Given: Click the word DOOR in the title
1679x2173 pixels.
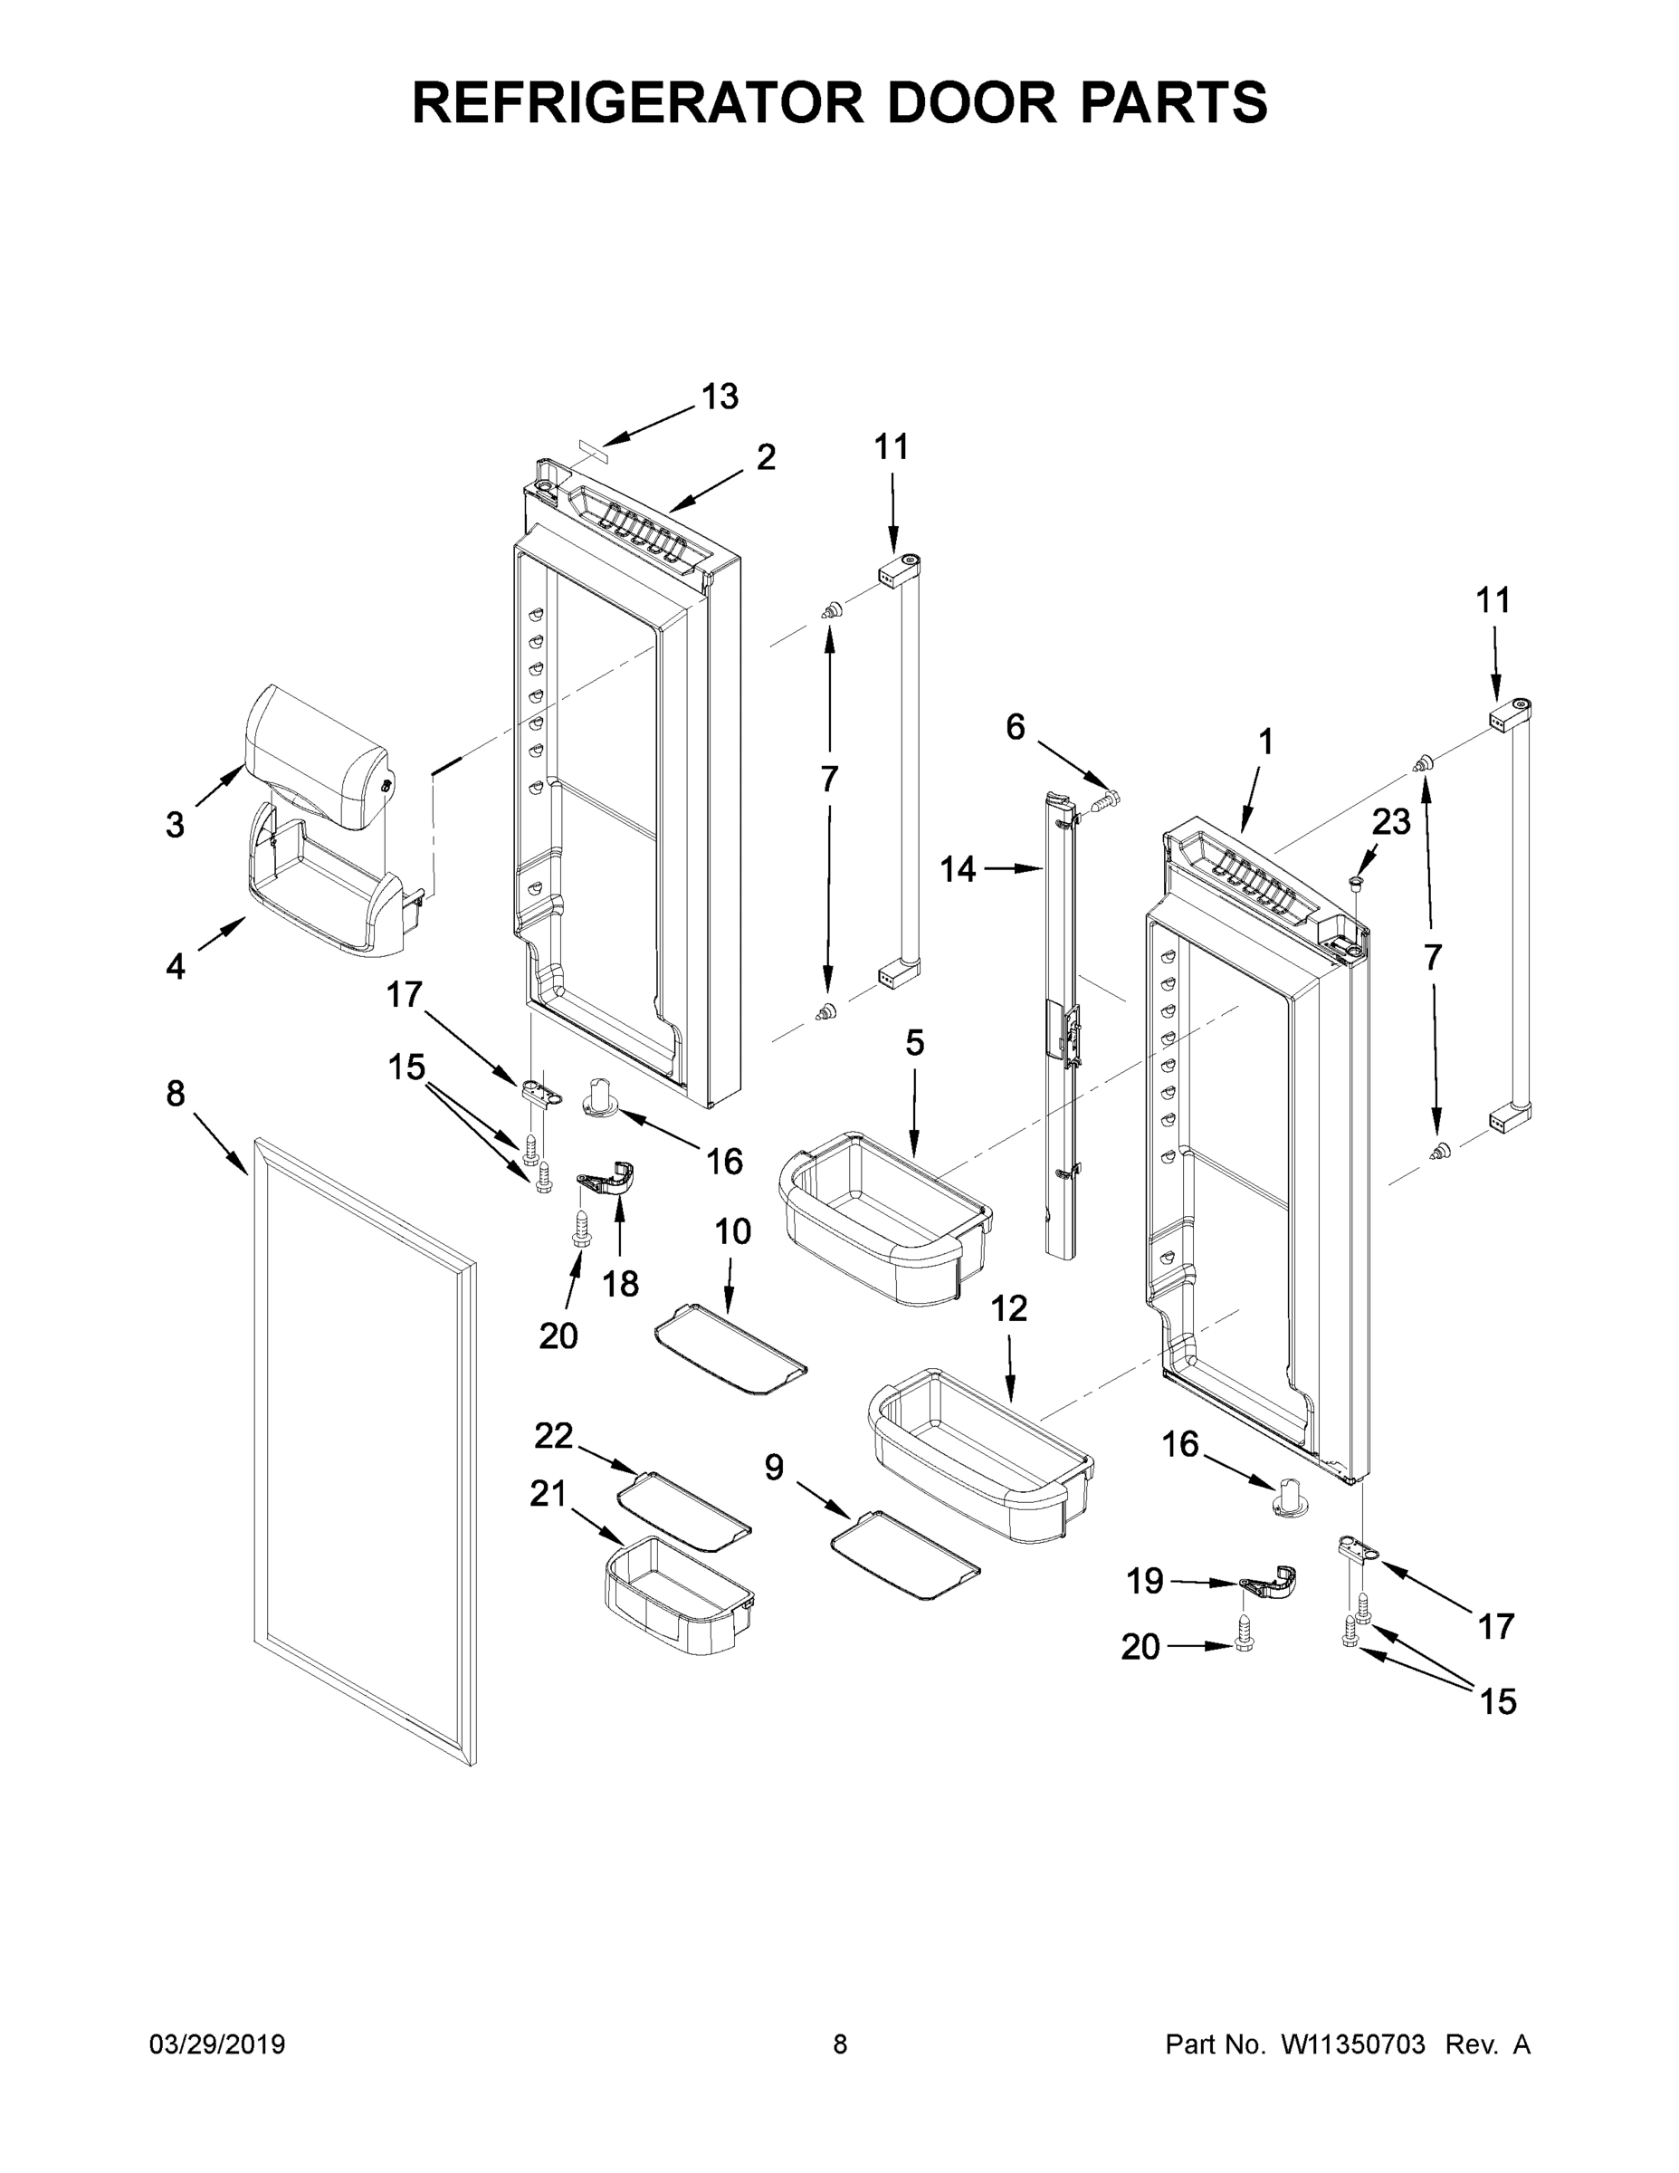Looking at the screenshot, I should pos(971,101).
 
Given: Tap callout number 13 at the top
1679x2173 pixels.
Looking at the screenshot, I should pos(720,397).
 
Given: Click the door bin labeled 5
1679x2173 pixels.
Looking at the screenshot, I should pos(885,1219).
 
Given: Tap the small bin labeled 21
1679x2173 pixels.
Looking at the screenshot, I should pos(676,1596).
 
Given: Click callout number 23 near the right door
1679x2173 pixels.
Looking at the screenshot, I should pos(1390,822).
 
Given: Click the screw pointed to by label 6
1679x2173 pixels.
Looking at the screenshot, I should pos(1105,799).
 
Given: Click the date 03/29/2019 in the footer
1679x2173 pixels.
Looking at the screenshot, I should pos(217,2044).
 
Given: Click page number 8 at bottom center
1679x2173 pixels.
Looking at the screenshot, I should pos(840,2044).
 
